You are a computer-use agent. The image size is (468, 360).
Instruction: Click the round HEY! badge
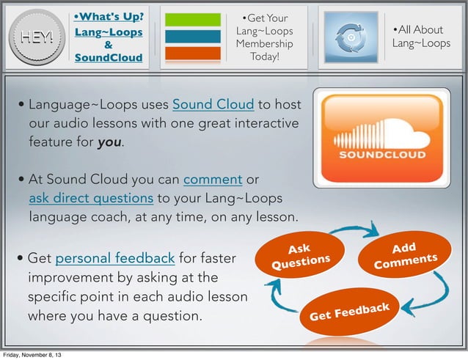[x=36, y=37]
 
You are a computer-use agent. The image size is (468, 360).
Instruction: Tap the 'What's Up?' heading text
[x=109, y=16]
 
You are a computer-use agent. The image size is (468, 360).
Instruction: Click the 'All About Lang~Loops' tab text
[x=421, y=37]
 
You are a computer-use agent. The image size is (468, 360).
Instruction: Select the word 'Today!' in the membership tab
[x=264, y=57]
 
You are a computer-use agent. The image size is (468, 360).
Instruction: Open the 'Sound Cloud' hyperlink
[x=213, y=103]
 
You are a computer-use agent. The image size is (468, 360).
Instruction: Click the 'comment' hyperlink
[x=213, y=180]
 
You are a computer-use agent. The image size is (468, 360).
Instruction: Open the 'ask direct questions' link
[x=91, y=199]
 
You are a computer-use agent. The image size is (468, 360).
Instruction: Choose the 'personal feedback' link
[x=114, y=259]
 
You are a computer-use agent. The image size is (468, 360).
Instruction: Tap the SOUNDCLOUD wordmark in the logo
[x=381, y=156]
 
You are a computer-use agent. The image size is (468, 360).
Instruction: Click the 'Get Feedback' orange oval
[x=353, y=313]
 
